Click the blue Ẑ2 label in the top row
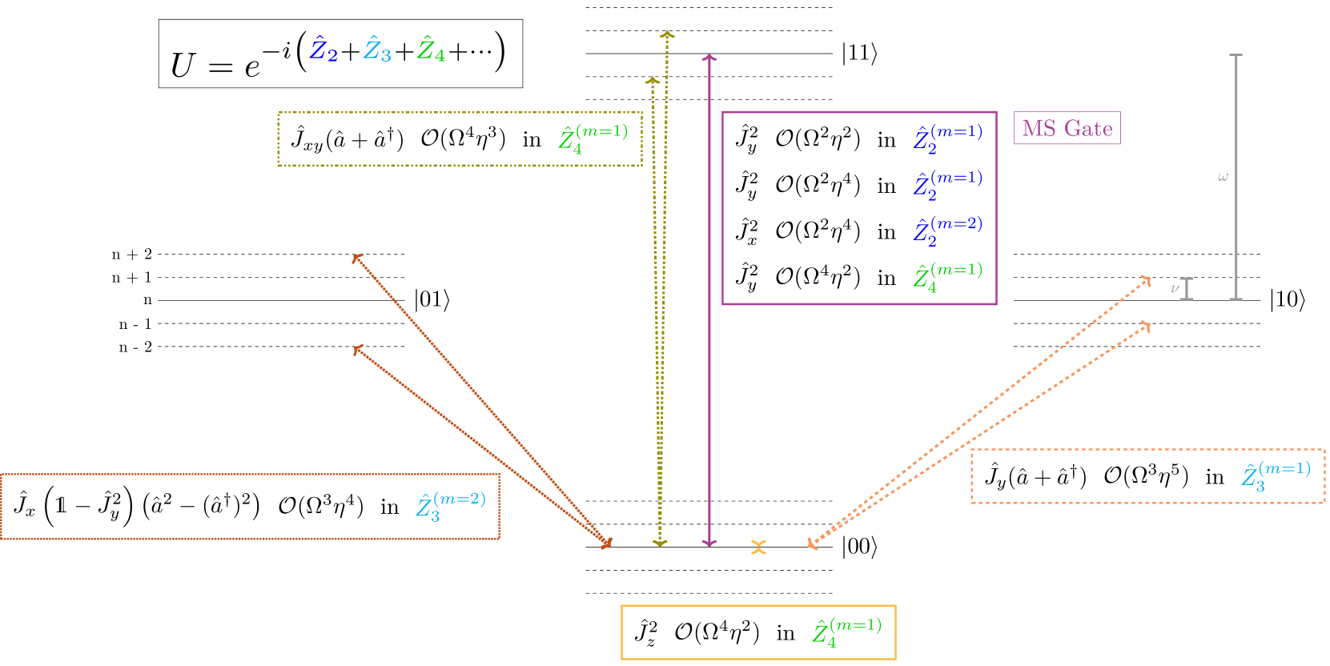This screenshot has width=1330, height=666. point(323,50)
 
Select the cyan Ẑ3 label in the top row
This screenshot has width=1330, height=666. point(377,50)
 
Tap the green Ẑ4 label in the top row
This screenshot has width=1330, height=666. point(431,50)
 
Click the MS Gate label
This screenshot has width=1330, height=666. point(1067,128)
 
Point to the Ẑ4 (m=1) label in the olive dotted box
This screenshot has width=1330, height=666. point(593,138)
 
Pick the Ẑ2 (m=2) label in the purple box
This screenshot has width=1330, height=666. point(947,231)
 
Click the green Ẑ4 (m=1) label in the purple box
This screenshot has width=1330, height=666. point(947,277)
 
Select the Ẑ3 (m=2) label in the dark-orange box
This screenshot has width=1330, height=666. point(451,507)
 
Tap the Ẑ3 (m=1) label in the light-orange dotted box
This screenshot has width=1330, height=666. point(1276,476)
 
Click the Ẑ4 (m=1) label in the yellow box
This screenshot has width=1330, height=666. point(846,632)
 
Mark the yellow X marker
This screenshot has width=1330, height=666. point(758,548)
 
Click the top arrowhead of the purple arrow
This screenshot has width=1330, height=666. point(709,57)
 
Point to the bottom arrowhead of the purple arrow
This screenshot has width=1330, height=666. point(709,544)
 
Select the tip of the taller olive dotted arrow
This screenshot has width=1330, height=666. point(667,34)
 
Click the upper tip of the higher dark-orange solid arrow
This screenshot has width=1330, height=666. point(356,256)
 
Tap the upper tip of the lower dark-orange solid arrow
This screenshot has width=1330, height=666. point(356,348)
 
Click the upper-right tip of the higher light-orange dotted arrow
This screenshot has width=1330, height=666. point(1148,279)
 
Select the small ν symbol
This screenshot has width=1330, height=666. point(1175,288)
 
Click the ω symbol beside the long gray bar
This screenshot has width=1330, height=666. point(1222,177)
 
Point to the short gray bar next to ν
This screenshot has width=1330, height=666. point(1187,289)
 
